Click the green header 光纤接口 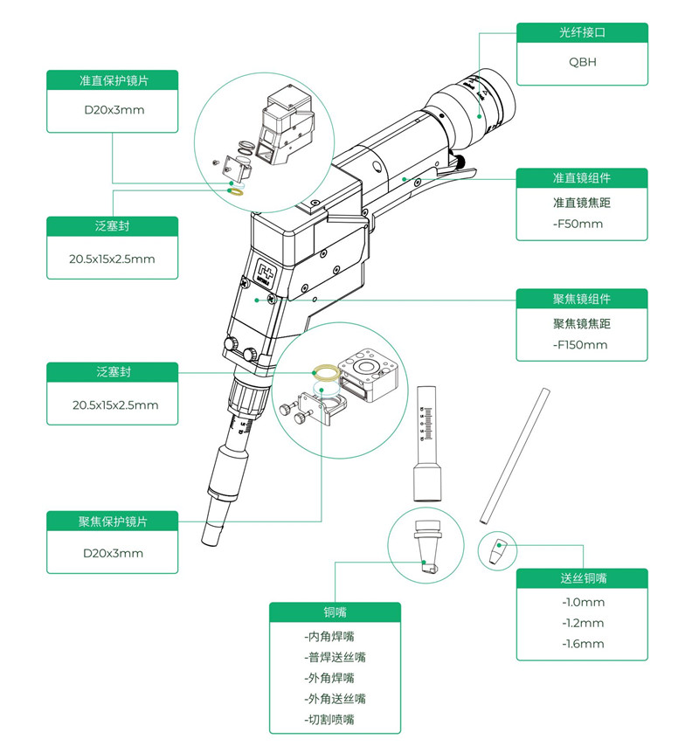pos(582,32)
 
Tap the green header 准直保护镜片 pos(112,80)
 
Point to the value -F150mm pos(581,344)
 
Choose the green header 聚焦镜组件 pos(582,299)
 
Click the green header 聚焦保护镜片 pos(112,522)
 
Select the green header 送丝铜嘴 pos(582,578)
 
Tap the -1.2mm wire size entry pos(583,623)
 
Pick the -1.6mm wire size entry pos(583,644)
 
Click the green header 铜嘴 pos(335,612)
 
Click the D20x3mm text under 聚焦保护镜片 pos(113,553)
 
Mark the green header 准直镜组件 pos(582,178)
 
